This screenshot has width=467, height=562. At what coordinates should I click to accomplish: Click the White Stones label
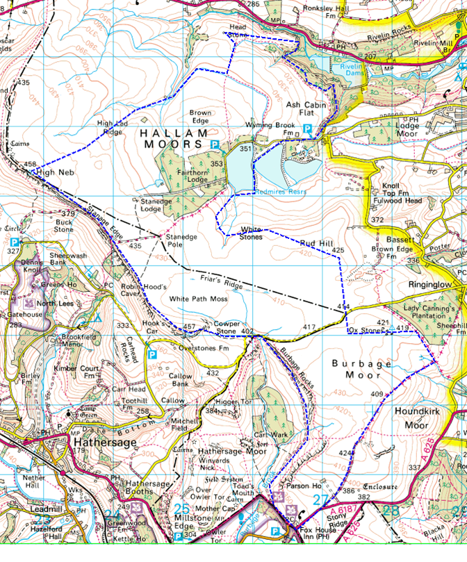click(x=251, y=232)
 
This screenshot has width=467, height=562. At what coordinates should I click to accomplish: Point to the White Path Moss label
click(x=200, y=298)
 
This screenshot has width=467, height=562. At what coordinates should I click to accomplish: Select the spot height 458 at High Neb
click(x=30, y=165)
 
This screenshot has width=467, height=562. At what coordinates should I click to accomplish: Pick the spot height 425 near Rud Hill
click(x=338, y=249)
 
